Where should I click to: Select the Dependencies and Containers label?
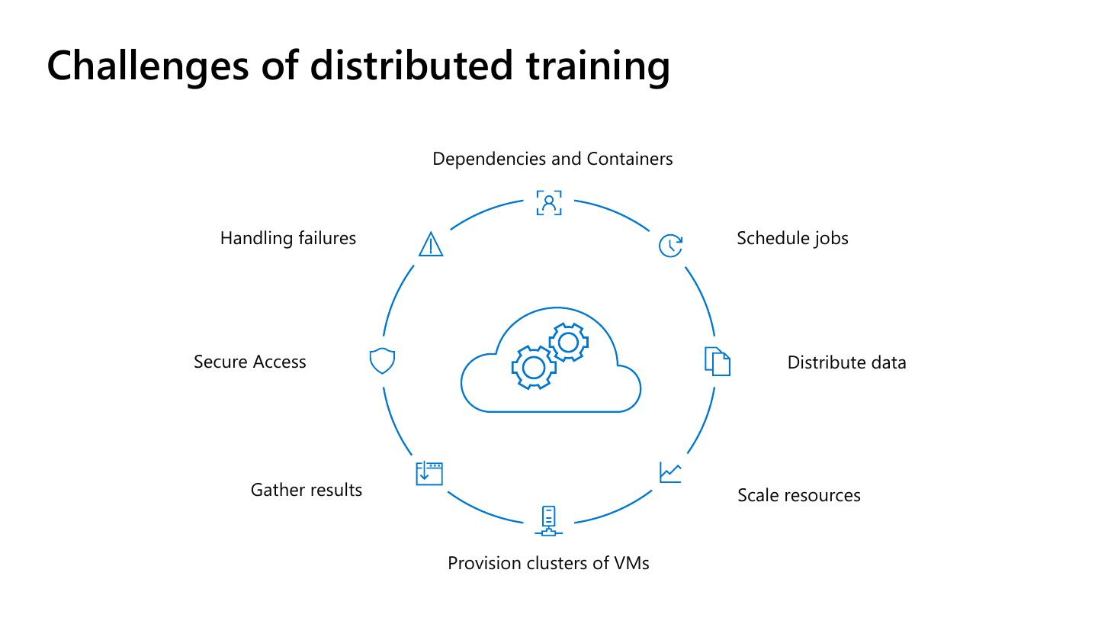[x=552, y=159]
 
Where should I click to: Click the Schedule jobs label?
[x=792, y=238]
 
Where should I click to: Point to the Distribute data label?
[x=846, y=362]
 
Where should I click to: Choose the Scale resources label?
[x=798, y=495]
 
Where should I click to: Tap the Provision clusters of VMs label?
[x=548, y=563]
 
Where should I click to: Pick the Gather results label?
[x=306, y=490]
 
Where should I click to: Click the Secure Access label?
[x=249, y=362]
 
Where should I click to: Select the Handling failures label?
[x=287, y=238]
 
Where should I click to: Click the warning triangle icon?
[x=431, y=244]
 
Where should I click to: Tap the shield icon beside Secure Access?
[x=382, y=361]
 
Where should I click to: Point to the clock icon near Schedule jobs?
[x=670, y=245]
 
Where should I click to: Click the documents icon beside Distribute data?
[x=717, y=361]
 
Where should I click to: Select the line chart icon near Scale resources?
[x=670, y=473]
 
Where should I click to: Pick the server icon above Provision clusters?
[x=548, y=520]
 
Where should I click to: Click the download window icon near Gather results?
[x=429, y=473]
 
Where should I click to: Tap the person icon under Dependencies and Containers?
[x=549, y=203]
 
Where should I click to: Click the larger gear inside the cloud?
[x=533, y=368]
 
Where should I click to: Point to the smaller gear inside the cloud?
[x=568, y=343]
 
